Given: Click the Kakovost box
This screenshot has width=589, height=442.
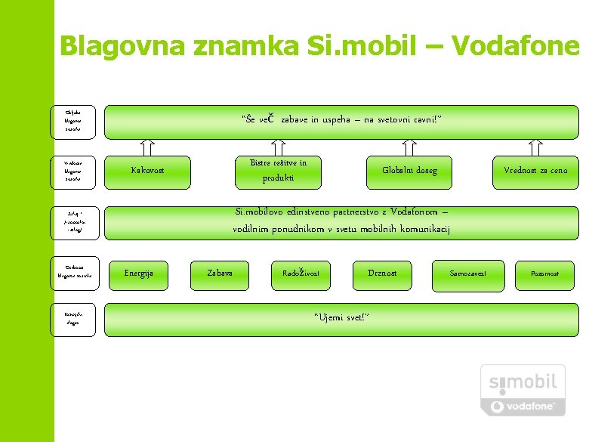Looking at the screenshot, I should (x=147, y=170).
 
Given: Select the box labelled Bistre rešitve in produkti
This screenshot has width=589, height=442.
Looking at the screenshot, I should (x=279, y=170).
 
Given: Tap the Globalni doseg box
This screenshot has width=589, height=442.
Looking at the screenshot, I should (x=409, y=170).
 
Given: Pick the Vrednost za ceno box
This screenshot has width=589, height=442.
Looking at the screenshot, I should (x=535, y=170).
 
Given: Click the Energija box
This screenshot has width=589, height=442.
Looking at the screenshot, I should (x=139, y=274).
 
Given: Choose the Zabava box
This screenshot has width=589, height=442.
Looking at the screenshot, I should (x=220, y=274).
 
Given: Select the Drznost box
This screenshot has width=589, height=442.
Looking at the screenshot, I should (x=381, y=274).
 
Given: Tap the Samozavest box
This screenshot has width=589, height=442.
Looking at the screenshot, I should (x=468, y=274).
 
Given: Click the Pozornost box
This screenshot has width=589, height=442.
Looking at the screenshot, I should (x=544, y=274).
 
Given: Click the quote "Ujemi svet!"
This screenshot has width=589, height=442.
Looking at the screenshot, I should (x=341, y=318).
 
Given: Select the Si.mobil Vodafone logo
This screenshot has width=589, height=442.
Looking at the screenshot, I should (x=523, y=390).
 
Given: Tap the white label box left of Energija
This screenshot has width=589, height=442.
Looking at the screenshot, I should (x=73, y=274).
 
